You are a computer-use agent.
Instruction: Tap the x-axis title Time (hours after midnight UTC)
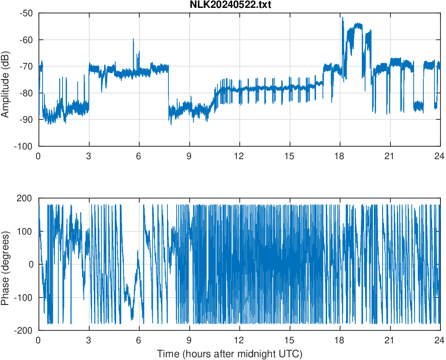(229, 354)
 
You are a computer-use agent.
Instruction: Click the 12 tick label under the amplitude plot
(239, 156)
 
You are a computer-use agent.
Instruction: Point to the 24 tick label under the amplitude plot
(440, 156)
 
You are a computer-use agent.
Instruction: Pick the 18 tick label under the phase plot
(340, 340)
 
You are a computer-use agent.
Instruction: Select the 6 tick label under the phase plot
(139, 340)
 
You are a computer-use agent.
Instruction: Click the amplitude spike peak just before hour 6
(133, 39)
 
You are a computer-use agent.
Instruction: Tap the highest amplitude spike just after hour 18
(342, 17)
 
